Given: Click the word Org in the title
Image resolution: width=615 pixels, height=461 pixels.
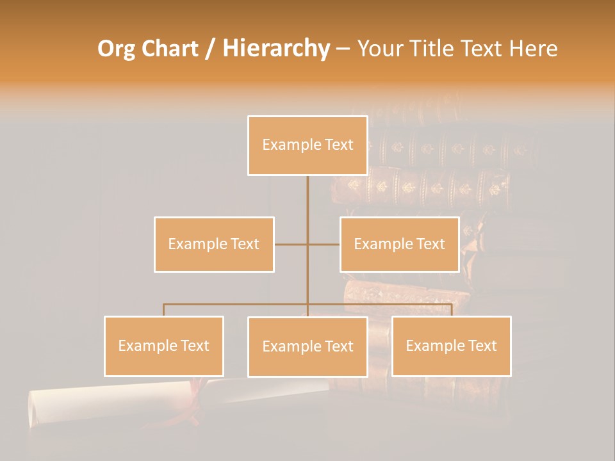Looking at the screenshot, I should [117, 49].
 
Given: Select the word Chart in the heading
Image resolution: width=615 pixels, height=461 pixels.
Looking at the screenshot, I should [167, 49].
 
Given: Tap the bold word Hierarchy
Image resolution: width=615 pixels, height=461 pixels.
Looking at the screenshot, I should [276, 49].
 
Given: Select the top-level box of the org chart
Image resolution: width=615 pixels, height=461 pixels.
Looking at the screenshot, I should [307, 145].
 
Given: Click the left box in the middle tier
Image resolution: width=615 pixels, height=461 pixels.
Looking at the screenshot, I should [214, 244].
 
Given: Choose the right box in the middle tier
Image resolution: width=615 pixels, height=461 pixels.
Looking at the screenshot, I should [400, 244].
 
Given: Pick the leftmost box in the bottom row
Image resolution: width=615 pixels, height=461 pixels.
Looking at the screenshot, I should [164, 346].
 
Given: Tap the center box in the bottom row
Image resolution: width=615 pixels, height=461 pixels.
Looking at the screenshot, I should [307, 346].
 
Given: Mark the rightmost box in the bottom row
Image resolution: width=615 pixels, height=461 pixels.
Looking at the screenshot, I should [451, 346].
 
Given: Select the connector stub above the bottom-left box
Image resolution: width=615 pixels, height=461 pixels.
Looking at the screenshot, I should [164, 310].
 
